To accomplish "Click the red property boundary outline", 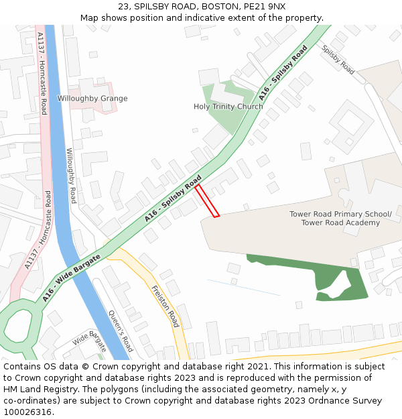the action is pos(207,200).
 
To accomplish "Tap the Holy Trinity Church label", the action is pos(228,107).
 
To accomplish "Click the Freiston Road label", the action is pos(165,306).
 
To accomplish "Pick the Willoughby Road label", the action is pos(70,176).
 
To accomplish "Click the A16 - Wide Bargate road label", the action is pos(72,278).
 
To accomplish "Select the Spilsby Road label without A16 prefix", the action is pos(338,59).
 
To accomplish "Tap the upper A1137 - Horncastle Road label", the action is pos(43,74).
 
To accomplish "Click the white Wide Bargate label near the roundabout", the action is pos(89,341).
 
